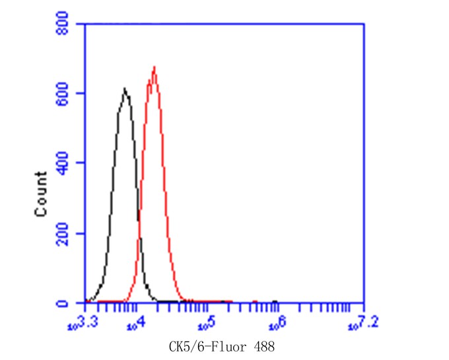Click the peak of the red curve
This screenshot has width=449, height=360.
[x=154, y=67]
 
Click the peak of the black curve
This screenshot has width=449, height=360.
[x=124, y=89]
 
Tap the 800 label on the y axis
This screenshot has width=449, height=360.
[x=67, y=24]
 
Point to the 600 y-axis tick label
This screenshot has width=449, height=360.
[x=67, y=94]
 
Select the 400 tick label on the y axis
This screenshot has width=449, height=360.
[x=67, y=163]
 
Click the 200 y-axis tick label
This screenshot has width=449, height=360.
[x=67, y=233]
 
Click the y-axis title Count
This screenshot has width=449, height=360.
[x=41, y=194]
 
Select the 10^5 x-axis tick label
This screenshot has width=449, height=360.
[x=207, y=322]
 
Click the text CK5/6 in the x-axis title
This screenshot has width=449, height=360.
[x=186, y=346]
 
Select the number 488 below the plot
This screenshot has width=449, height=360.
[x=264, y=346]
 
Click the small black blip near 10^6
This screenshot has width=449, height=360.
[x=274, y=301]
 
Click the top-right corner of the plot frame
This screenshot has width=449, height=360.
[x=364, y=24]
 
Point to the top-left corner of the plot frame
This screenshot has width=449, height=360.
[x=85, y=24]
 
